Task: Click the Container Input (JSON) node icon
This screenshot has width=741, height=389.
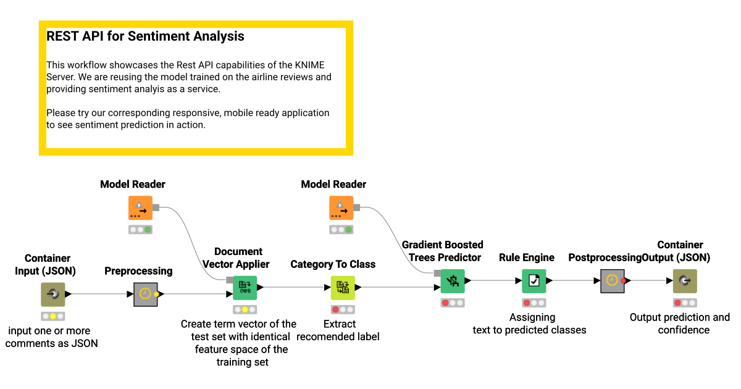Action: pyautogui.click(x=53, y=295)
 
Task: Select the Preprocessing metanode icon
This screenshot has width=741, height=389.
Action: pyautogui.click(x=146, y=295)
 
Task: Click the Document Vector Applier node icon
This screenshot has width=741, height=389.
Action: pyautogui.click(x=245, y=288)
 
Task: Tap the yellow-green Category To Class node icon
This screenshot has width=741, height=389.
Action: pyautogui.click(x=342, y=288)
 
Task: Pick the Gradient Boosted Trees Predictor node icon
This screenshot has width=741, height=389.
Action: pyautogui.click(x=453, y=282)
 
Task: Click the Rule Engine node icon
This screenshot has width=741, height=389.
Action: pyautogui.click(x=534, y=281)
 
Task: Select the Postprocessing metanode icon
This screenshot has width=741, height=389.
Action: pyautogui.click(x=612, y=281)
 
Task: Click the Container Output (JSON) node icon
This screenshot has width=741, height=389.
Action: pyautogui.click(x=685, y=281)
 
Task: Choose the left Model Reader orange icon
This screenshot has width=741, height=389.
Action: pyautogui.click(x=140, y=208)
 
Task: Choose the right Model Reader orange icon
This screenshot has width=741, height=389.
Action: pyautogui.click(x=341, y=208)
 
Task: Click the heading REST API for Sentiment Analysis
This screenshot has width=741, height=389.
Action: pyautogui.click(x=145, y=36)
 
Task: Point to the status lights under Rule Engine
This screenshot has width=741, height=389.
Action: pyautogui.click(x=534, y=303)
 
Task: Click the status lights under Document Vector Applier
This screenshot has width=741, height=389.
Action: pyautogui.click(x=245, y=310)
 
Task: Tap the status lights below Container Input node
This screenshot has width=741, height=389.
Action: pyautogui.click(x=53, y=317)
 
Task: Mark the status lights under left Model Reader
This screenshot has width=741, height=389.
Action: pyautogui.click(x=140, y=230)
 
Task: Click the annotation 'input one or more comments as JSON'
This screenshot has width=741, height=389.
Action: pyautogui.click(x=52, y=337)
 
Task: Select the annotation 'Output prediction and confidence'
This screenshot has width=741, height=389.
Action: pyautogui.click(x=680, y=324)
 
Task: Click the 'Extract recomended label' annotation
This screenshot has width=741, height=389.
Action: pyautogui.click(x=338, y=330)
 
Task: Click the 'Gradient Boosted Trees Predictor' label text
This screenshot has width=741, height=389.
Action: pyautogui.click(x=443, y=251)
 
